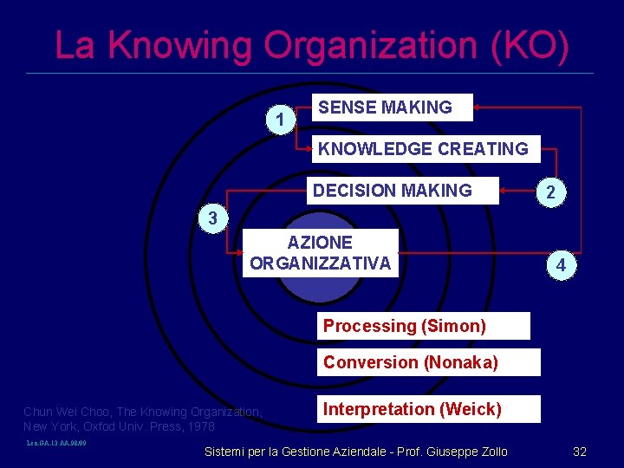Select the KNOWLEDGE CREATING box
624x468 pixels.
pyautogui.click(x=425, y=149)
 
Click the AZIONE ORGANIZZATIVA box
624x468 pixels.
pyautogui.click(x=321, y=253)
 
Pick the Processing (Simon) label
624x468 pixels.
pyautogui.click(x=424, y=327)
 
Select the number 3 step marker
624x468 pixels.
pyautogui.click(x=213, y=218)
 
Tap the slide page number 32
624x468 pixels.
pyautogui.click(x=580, y=452)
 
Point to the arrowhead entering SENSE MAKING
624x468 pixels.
pyautogui.click(x=478, y=107)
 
